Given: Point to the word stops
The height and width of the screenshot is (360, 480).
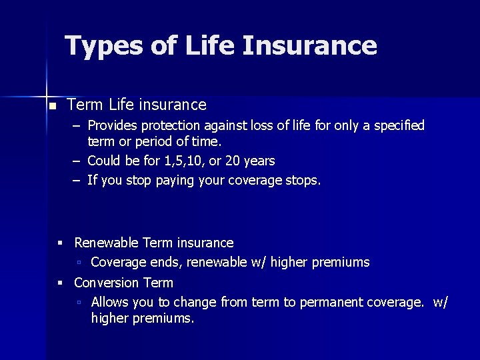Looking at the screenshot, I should [x=303, y=180].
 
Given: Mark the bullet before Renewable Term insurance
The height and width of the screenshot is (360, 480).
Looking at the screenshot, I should [x=61, y=243].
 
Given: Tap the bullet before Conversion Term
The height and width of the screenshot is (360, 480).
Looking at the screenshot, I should [x=61, y=283].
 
